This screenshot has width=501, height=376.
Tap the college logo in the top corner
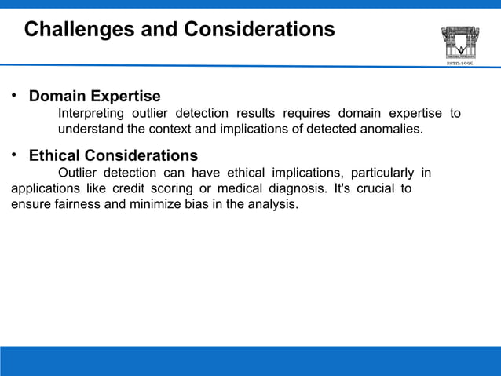pyautogui.click(x=460, y=42)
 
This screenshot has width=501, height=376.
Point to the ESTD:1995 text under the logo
pyautogui.click(x=460, y=64)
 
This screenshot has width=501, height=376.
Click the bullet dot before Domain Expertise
pyautogui.click(x=13, y=97)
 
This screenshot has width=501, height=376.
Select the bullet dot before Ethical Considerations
pyautogui.click(x=13, y=155)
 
